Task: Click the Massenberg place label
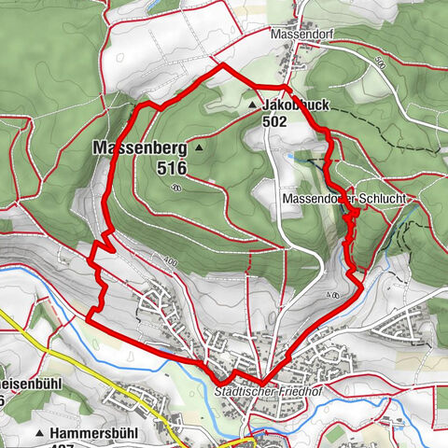tap(139, 147)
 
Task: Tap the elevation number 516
tap(173, 168)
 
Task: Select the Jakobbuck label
tap(296, 105)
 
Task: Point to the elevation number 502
tap(273, 121)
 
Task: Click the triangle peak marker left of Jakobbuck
tap(253, 106)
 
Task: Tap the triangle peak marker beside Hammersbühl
tap(39, 434)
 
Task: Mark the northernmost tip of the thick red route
tap(221, 65)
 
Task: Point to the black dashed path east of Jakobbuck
tap(322, 164)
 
